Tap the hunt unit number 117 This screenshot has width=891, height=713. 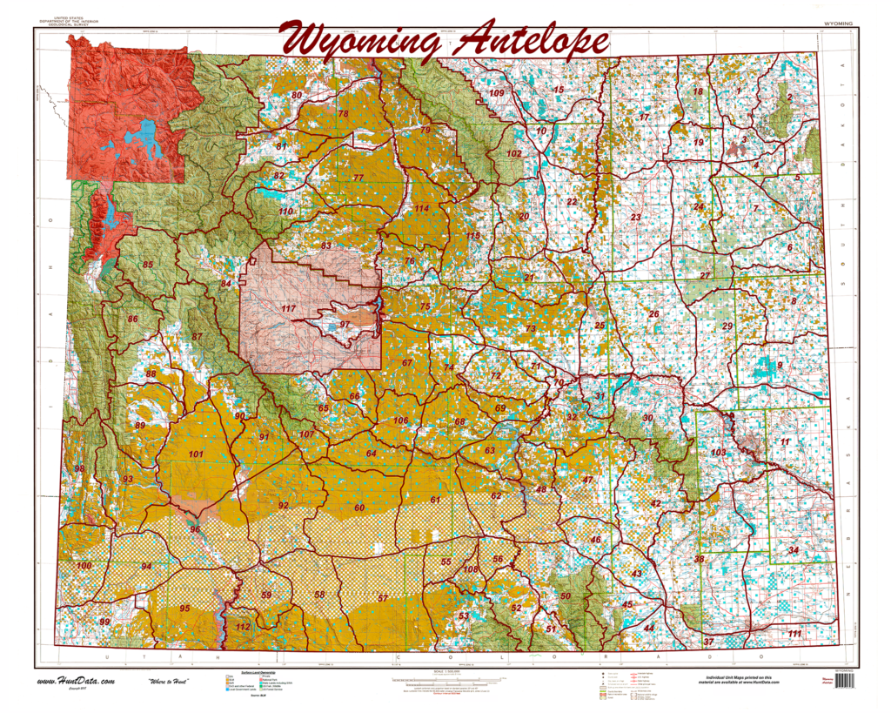click(x=288, y=309)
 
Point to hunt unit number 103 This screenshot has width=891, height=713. click(x=718, y=453)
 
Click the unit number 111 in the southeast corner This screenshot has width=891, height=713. click(x=794, y=634)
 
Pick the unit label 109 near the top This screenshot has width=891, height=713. click(x=497, y=93)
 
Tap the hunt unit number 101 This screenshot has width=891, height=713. click(x=196, y=454)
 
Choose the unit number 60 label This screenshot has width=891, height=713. click(x=358, y=508)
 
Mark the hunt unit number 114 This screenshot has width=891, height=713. click(x=422, y=209)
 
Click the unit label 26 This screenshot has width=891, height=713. click(x=653, y=313)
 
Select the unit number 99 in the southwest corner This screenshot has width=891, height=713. click(x=104, y=622)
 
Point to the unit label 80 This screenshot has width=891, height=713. click(x=297, y=95)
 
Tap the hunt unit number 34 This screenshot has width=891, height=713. click(x=793, y=550)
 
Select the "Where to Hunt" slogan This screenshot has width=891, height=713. click(x=176, y=680)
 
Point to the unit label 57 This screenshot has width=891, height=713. click(x=383, y=599)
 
